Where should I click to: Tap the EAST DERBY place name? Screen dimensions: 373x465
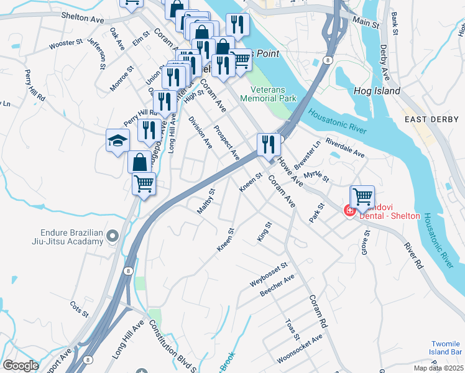point(431,119)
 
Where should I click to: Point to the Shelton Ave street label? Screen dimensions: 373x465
point(82,20)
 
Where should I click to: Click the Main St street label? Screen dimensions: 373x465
point(366,22)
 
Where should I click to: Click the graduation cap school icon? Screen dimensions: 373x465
point(117,142)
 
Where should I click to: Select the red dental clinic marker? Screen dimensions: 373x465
point(350,211)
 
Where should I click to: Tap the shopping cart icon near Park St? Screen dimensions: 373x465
point(362,197)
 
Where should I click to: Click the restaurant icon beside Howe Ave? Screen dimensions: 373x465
point(269,145)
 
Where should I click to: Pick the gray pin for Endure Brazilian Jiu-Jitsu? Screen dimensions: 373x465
point(112,236)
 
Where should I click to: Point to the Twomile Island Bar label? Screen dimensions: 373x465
point(447,348)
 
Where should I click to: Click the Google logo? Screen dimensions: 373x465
point(21,366)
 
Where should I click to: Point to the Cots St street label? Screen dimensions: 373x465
point(80,308)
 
